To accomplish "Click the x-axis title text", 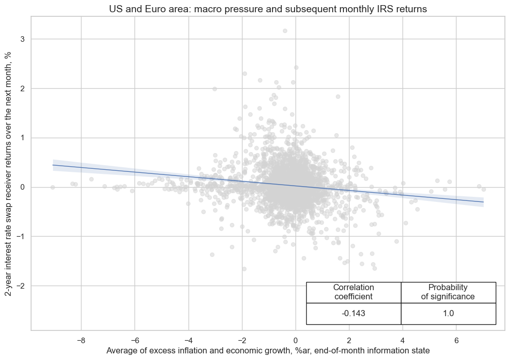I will coord(268,351).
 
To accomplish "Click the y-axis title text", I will coord(9,173).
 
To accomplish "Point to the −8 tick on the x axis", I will coord(80,340).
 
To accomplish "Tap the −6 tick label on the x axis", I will coord(135,340).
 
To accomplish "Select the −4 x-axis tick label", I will coord(188,340).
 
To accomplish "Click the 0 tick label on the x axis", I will coord(296,340).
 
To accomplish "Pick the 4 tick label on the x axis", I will coord(402,340).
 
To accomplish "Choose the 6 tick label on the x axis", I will coord(456,340).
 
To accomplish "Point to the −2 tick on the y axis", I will coord(21,286).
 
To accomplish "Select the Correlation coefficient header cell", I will coord(354,292).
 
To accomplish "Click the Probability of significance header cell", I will coord(448,292).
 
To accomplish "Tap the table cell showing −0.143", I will coord(354,314).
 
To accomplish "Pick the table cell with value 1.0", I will coord(448,314).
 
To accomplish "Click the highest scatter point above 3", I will coord(285,31).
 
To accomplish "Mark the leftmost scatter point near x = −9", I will coord(52,187).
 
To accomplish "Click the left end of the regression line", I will coord(53,165).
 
